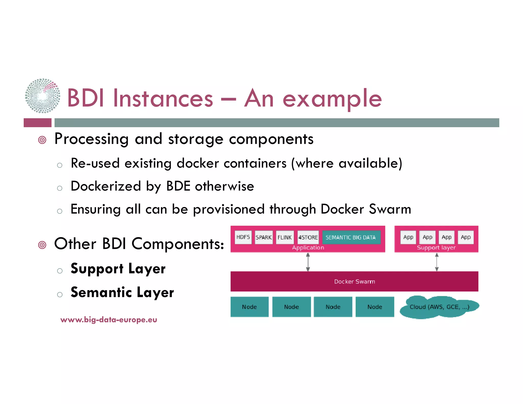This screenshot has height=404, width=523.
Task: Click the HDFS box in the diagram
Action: point(243,237)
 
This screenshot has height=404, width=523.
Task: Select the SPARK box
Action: point(264,237)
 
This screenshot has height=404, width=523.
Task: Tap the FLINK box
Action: point(284,237)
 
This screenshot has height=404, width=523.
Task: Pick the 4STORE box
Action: point(308,237)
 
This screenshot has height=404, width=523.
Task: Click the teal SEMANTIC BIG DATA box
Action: point(351,237)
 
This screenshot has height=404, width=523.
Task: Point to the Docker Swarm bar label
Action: point(354,281)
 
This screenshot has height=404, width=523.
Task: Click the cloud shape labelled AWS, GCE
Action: point(439,307)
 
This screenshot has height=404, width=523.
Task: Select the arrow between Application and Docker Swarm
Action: point(308,262)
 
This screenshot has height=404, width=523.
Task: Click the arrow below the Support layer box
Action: point(437,262)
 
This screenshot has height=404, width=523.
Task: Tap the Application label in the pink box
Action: point(308,247)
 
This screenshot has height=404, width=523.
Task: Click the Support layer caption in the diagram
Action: point(436,247)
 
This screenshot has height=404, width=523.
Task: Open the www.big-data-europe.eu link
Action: point(109,320)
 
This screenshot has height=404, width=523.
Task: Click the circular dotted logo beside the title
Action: point(43,96)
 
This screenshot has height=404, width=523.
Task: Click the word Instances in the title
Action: point(163,98)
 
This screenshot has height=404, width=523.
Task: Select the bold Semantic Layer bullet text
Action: point(122,292)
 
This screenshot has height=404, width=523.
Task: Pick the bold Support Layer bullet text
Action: point(118,269)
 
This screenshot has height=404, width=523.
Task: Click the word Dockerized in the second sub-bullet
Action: point(106,186)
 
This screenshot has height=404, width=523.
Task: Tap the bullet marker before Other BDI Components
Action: point(42,245)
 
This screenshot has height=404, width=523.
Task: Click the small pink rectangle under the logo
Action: point(38,123)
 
